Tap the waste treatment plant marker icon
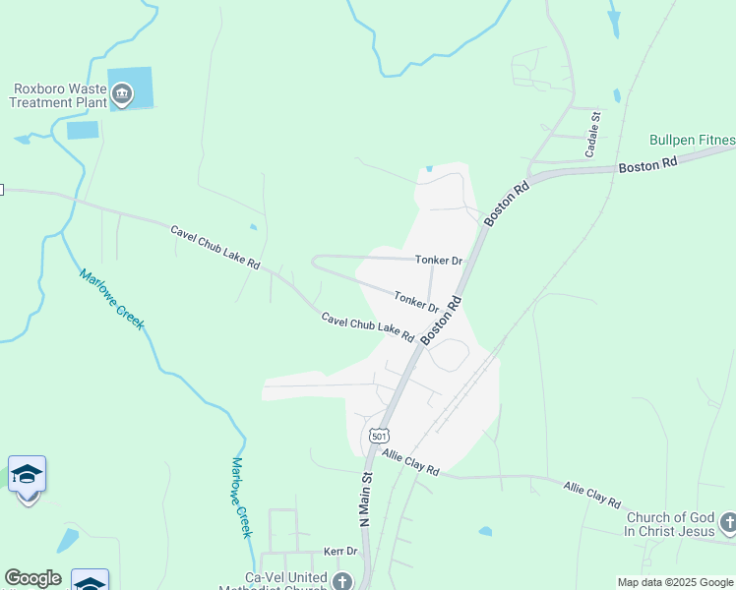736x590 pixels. point(121,94)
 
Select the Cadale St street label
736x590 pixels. point(592,135)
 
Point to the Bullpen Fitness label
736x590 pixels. point(692,141)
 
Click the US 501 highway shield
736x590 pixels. point(380,435)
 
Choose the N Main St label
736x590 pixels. point(364,500)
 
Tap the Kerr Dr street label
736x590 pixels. point(340,553)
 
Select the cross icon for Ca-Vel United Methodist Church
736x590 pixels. point(341,580)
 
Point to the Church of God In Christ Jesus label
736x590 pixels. point(669,524)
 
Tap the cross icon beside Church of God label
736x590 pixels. point(727,522)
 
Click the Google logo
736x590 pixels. point(32,578)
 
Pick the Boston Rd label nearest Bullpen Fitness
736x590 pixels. point(648,165)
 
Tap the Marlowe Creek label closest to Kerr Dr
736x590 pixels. point(242,497)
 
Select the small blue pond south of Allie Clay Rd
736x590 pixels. point(485,532)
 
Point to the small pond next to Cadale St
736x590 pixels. point(616,96)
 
